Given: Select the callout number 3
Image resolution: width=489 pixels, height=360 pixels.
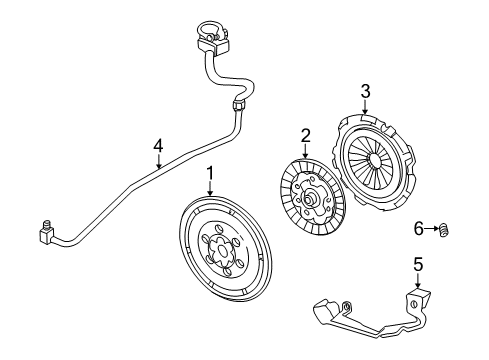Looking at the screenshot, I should tap(366, 92).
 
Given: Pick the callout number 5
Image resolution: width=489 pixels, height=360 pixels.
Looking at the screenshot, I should tap(418, 264).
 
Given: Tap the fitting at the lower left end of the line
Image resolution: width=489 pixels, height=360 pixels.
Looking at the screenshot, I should tap(46, 234).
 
